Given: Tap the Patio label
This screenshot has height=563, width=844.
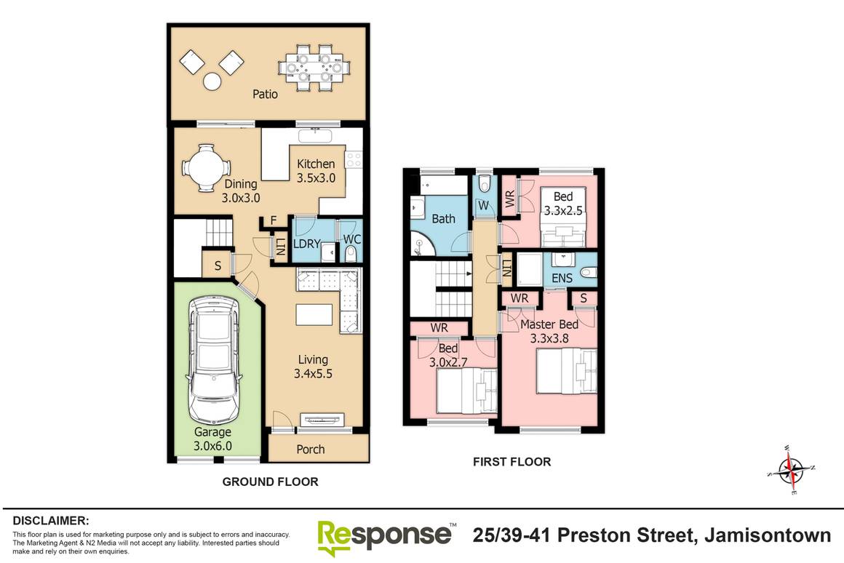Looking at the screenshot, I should coord(265,94).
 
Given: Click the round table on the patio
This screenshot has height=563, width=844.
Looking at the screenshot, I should coord(212,82).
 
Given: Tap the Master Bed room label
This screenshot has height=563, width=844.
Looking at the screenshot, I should coord(549,325).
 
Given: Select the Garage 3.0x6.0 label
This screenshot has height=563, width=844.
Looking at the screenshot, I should coord(212,439).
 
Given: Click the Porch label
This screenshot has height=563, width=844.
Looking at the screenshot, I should coord(311,449).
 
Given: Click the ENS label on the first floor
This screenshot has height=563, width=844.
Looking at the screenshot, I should coord(562,278).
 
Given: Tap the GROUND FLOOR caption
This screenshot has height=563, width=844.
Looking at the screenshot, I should coord(270,482).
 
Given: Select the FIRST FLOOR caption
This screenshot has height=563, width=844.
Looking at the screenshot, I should coord(511,461).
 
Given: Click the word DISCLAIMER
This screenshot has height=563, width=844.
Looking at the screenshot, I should coord(51,521).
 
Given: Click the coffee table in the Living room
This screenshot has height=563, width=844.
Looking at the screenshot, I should coord(314,315).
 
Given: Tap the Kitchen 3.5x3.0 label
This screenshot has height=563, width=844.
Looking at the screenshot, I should coord(316,170).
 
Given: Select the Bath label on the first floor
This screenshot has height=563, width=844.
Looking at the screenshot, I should coord(443,218).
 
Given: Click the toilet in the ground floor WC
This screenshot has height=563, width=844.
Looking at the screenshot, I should coord(351,252).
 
